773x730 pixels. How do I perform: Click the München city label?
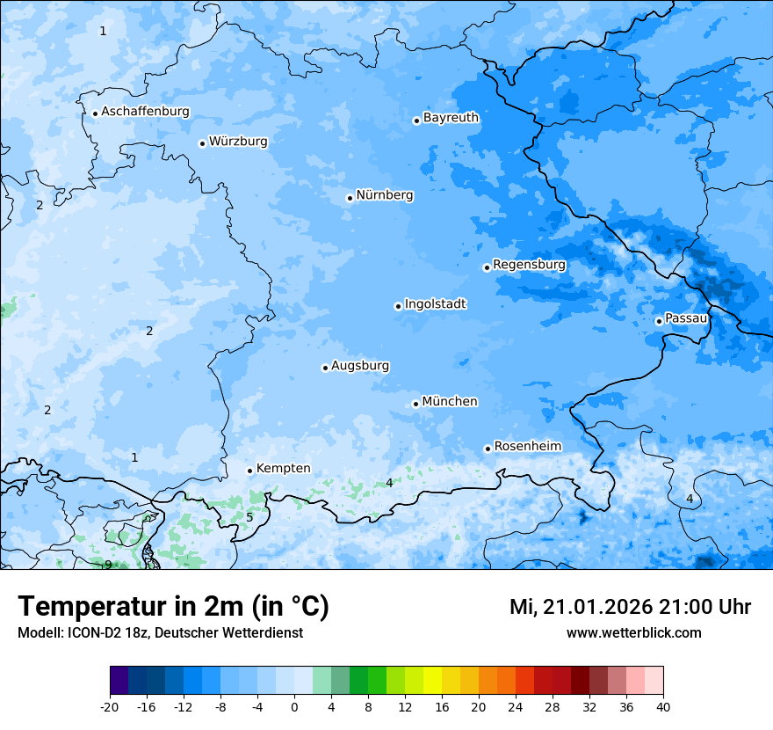coord(449,402)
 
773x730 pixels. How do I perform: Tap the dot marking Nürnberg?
coord(350,198)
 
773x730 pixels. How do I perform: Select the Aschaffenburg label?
coord(145,112)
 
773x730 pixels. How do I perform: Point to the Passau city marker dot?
coord(659,321)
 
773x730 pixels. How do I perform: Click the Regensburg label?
coord(529,265)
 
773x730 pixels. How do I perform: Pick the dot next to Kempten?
coord(249,471)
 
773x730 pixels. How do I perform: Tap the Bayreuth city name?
coord(451,118)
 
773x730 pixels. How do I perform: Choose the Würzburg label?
coord(237,142)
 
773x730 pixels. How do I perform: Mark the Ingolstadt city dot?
coord(398,306)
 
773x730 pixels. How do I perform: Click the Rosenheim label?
coord(527,447)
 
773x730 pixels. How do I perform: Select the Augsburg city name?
coord(359,366)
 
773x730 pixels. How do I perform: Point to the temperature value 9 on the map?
coord(108,565)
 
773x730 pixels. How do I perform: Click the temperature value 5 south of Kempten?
coord(249,517)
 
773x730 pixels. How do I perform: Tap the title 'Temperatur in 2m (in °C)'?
coord(173,606)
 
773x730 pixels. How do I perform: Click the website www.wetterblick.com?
coord(633,632)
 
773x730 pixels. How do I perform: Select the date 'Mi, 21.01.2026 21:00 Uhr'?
coord(630,607)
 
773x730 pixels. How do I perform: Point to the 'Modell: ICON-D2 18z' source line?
coord(160,632)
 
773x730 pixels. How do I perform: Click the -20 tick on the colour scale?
coord(110,706)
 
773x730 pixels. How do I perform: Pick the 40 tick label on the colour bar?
coord(662,706)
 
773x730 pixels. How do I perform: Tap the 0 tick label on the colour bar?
coord(294,706)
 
